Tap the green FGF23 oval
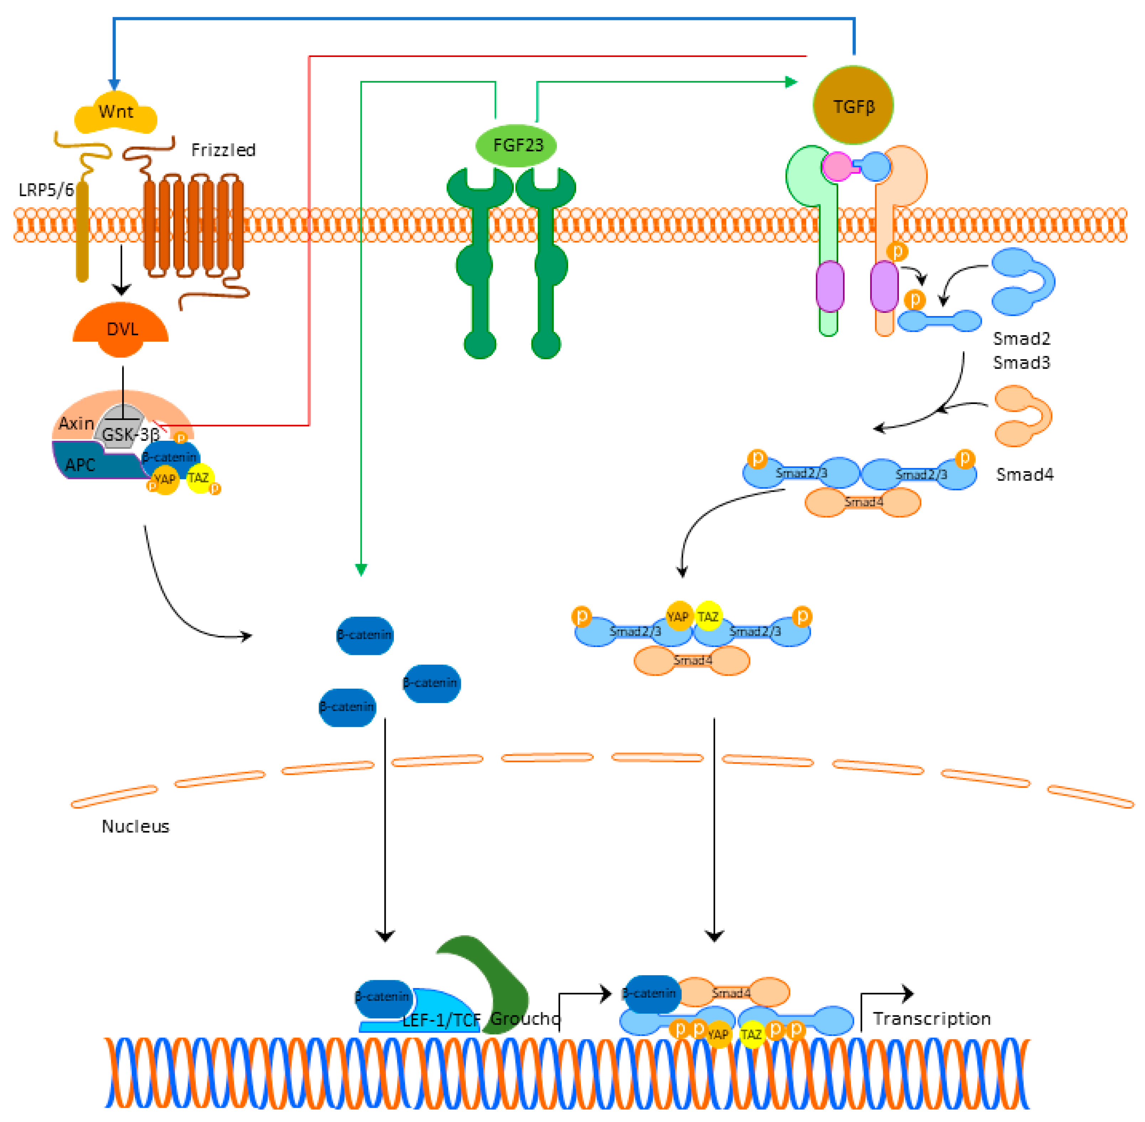[516, 145]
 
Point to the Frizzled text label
[223, 150]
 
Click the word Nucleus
[135, 826]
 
